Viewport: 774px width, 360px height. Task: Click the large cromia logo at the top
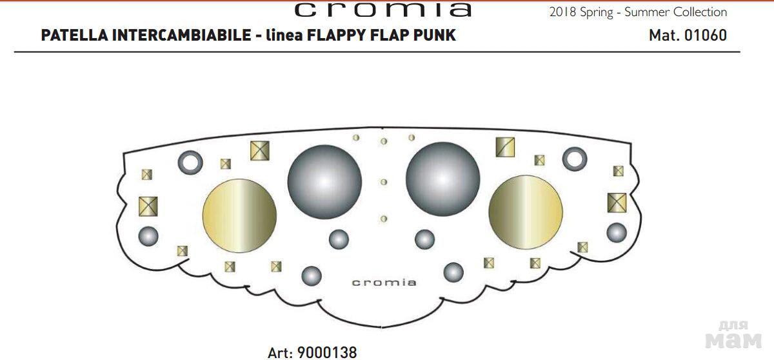point(383,10)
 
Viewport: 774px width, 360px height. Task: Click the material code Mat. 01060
point(688,35)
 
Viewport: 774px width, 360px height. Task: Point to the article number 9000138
point(327,353)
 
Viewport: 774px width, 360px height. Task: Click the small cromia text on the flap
point(384,283)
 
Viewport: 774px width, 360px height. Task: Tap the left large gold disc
point(239,215)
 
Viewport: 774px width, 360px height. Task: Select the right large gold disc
point(526,212)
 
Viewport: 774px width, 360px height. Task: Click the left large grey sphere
point(324,182)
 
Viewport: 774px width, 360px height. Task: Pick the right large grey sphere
point(442,179)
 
